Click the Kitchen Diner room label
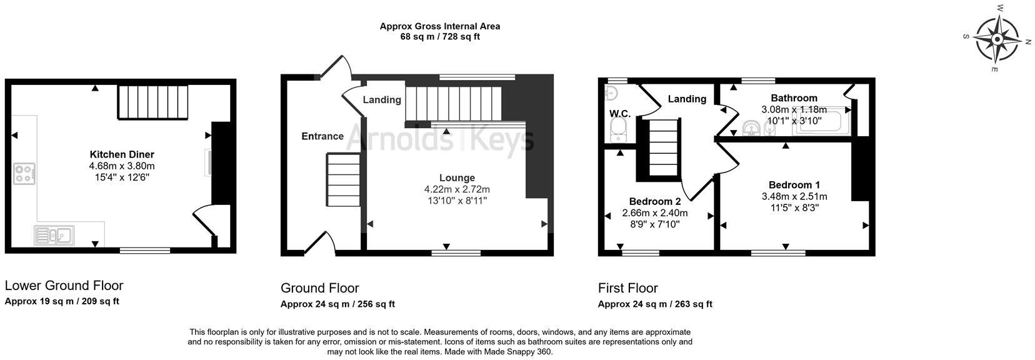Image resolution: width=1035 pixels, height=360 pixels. tap(122, 154)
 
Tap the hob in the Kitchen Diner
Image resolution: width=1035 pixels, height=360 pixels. tap(24, 174)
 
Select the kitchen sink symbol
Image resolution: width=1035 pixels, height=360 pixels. tap(54, 236)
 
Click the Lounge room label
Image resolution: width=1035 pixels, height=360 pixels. tap(457, 178)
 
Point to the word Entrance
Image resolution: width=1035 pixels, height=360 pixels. tap(322, 136)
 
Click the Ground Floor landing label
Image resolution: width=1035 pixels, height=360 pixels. tap(382, 100)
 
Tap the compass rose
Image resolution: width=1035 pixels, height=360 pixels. tap(997, 39)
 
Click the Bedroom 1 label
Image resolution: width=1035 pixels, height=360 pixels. tap(794, 185)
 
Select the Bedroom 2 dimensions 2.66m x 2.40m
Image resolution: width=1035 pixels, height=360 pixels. tap(654, 212)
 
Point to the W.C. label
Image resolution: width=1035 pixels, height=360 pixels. tap(620, 114)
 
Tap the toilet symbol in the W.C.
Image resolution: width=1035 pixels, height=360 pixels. tap(616, 129)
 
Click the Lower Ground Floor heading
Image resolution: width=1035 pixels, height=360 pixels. tap(64, 286)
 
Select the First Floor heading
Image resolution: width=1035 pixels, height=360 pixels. tap(627, 288)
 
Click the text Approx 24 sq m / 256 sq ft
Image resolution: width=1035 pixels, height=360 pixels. tap(337, 304)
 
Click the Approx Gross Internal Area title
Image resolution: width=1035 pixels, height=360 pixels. tap(439, 26)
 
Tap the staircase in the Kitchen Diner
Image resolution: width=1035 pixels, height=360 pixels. tap(153, 102)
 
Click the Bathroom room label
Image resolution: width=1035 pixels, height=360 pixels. tap(794, 98)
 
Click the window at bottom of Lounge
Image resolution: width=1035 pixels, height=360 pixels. tap(456, 253)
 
